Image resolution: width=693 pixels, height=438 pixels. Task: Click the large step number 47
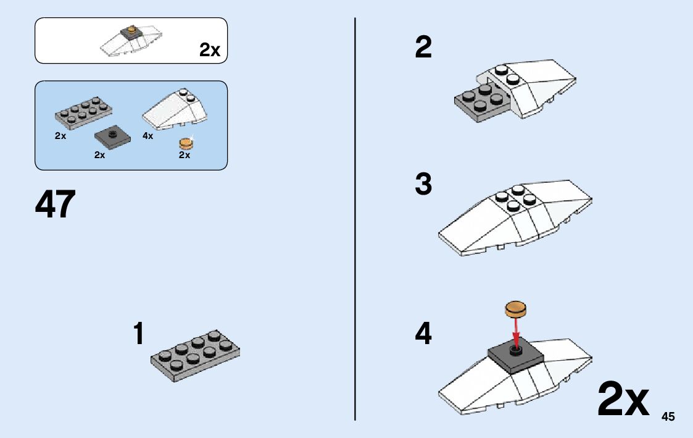[x=56, y=204]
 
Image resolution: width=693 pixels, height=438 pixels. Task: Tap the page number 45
[x=668, y=417]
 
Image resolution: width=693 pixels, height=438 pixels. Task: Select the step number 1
[x=139, y=334]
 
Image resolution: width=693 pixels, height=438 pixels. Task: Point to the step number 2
[x=423, y=48]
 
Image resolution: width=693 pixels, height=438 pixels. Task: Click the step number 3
[x=423, y=184]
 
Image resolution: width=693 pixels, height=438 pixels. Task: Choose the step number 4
[x=423, y=334]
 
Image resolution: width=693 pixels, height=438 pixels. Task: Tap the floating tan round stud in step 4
[x=517, y=308]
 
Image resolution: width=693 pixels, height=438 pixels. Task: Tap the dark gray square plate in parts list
[x=112, y=137]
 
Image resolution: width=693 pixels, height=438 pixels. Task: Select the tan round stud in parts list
[x=186, y=144]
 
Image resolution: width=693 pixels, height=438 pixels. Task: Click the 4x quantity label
[x=147, y=136]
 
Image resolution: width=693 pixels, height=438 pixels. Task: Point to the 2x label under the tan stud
[x=185, y=156]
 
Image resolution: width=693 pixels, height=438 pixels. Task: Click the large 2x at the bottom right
[x=623, y=400]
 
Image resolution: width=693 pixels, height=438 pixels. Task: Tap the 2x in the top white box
[x=210, y=51]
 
